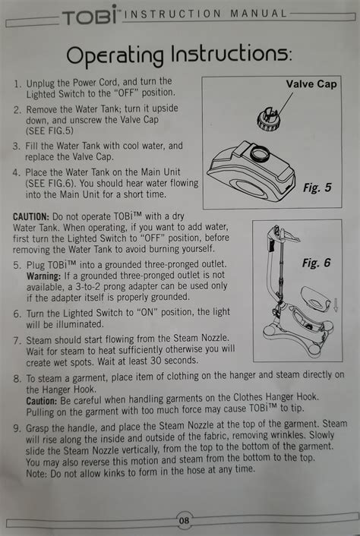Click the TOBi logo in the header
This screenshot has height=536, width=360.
pos(90,15)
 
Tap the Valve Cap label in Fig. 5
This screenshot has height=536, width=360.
pos(311,84)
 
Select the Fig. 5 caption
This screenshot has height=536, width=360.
pos(317,188)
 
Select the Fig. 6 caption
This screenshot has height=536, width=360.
pos(316,263)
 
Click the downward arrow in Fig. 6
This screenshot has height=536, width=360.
pos(336,304)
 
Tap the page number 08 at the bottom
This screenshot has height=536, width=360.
pos(184,521)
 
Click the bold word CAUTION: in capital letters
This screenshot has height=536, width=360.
pos(31,216)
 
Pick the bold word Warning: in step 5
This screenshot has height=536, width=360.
pos(44,276)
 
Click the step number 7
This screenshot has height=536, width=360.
pos(17,341)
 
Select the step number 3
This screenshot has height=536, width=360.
pos(16,147)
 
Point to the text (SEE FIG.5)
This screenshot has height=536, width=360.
pos(49,131)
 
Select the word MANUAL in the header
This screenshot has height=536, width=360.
pos(259,14)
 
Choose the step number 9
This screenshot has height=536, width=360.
pos(17,428)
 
